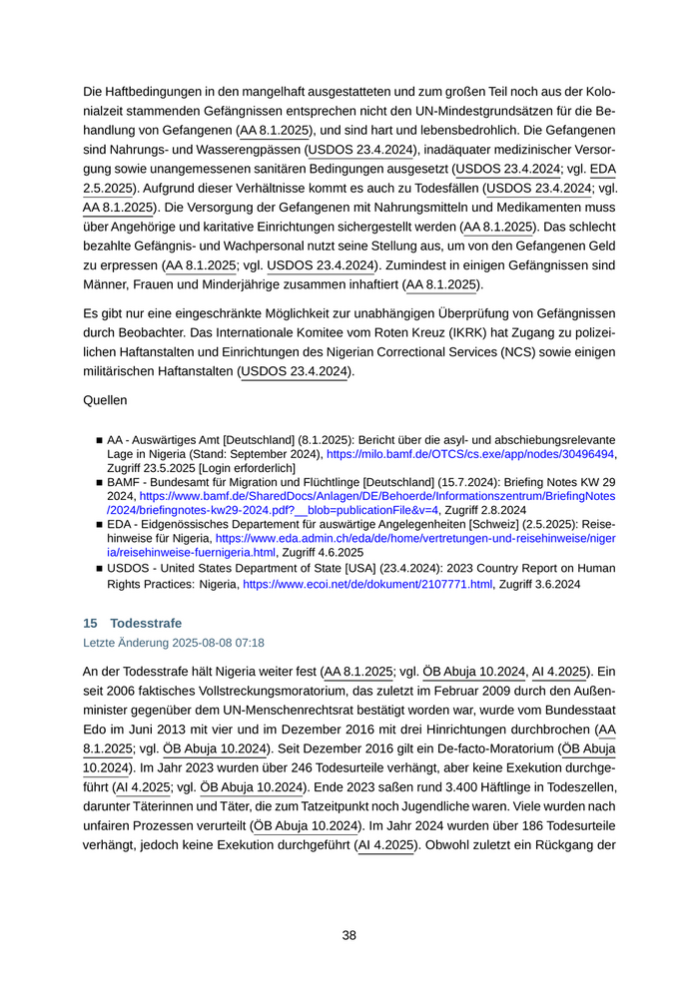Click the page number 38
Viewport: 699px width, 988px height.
click(x=349, y=935)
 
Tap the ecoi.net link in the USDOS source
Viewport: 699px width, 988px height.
click(x=367, y=584)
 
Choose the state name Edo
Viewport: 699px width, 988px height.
click(x=96, y=718)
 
